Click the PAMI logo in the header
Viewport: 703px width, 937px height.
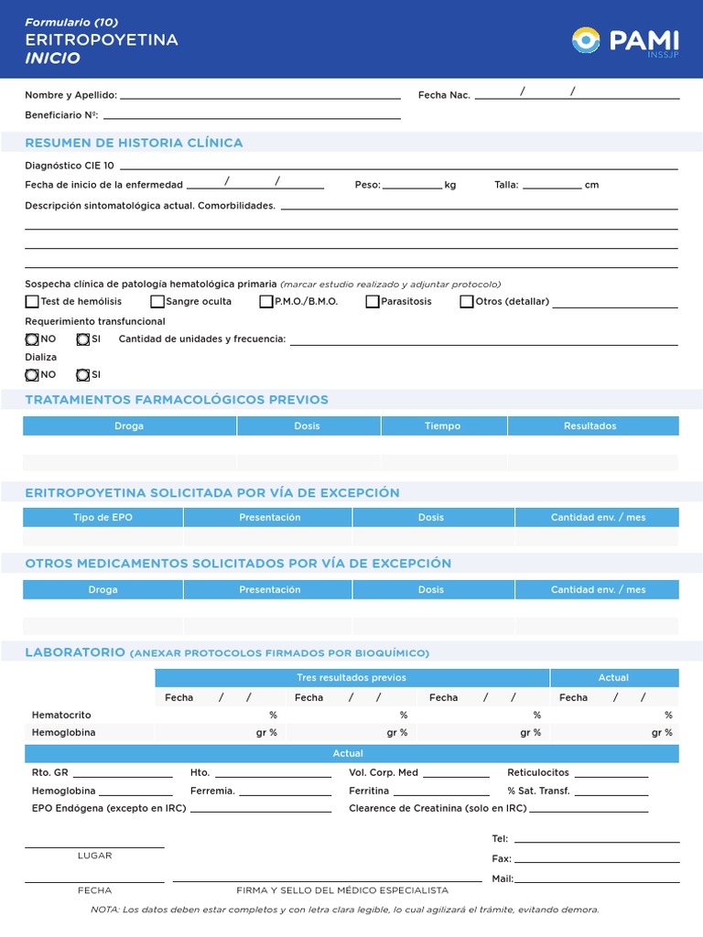click(625, 41)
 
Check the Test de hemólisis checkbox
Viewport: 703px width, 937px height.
click(32, 301)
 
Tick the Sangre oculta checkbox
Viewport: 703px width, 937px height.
click(157, 301)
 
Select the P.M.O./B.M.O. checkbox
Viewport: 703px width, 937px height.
click(266, 301)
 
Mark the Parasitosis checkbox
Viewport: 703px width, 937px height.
click(373, 301)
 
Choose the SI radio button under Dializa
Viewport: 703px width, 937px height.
click(83, 374)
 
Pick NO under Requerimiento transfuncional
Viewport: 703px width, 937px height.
click(32, 339)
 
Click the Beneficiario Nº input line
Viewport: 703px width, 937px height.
click(252, 117)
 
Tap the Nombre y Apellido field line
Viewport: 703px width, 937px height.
click(260, 97)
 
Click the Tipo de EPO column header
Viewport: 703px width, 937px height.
click(103, 518)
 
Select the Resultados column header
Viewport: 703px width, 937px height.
click(590, 426)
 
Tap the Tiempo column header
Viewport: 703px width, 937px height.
click(443, 426)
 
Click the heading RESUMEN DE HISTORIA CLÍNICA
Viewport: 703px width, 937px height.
click(134, 143)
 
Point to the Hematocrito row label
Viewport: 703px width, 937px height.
click(61, 715)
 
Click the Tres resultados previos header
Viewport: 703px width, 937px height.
click(351, 678)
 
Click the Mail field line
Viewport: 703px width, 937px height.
click(597, 880)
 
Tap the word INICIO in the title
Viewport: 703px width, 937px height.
click(52, 59)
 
